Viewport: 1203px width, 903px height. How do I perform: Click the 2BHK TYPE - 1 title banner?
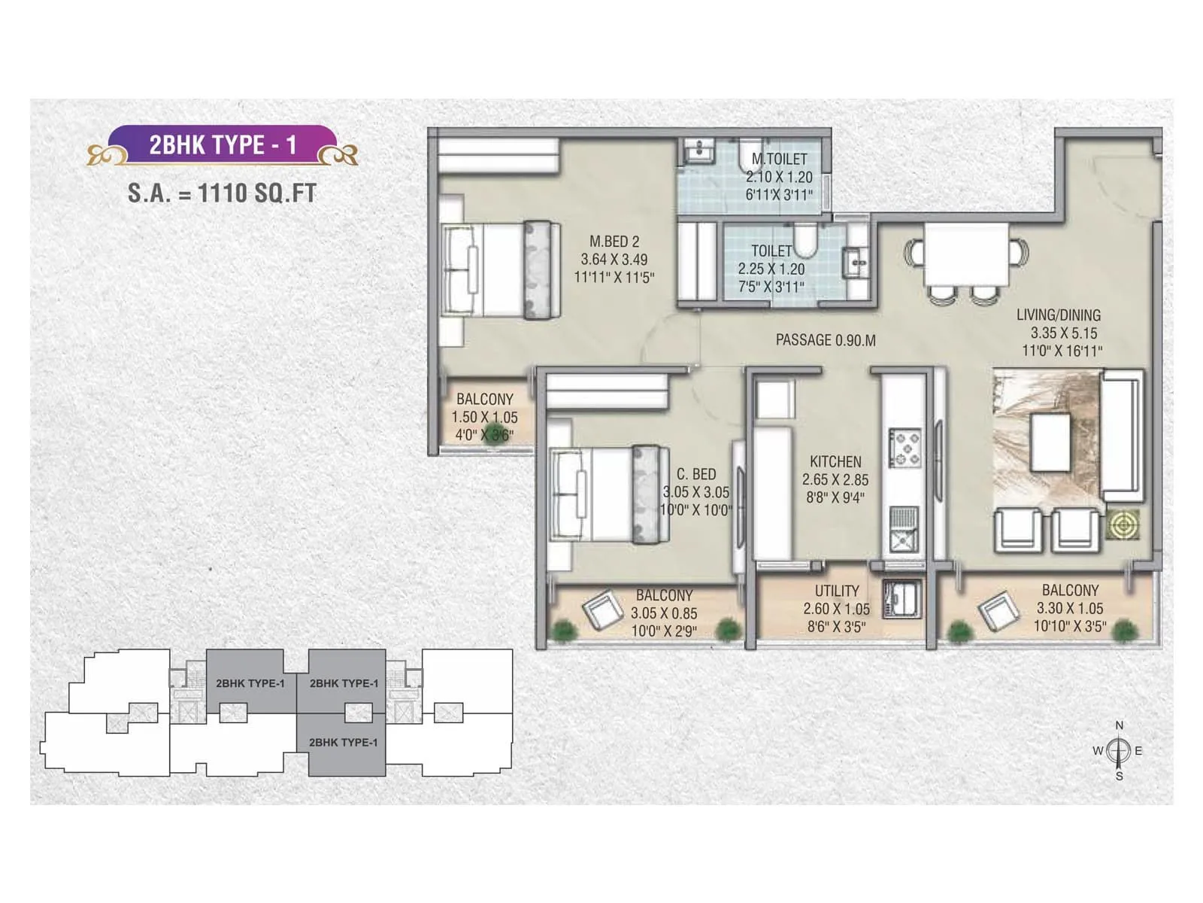tap(223, 144)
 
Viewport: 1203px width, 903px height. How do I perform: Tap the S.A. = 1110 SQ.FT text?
tap(222, 193)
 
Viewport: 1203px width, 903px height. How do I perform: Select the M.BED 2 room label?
tap(614, 242)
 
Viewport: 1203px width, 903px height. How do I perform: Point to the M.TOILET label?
tap(779, 159)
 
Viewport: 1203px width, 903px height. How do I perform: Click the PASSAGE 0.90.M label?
tap(826, 340)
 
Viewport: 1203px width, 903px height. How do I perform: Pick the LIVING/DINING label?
tap(1059, 315)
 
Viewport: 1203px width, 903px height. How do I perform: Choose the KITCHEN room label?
tap(835, 461)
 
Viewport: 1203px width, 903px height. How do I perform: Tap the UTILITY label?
tap(837, 591)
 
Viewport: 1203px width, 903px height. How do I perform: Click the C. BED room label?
tap(696, 474)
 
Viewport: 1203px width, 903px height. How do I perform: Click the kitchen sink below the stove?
tap(904, 530)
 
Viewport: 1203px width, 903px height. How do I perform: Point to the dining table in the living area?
tap(966, 254)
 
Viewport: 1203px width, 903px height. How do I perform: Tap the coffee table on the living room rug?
tap(1050, 442)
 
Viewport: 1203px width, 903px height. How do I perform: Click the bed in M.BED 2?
tap(501, 270)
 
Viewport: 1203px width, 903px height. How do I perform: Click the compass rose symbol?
tap(1119, 751)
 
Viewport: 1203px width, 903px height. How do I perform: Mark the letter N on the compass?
tap(1119, 726)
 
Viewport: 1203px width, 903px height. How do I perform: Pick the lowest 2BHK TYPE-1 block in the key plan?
tap(343, 743)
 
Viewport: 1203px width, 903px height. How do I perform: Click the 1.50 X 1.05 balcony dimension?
tap(484, 418)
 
